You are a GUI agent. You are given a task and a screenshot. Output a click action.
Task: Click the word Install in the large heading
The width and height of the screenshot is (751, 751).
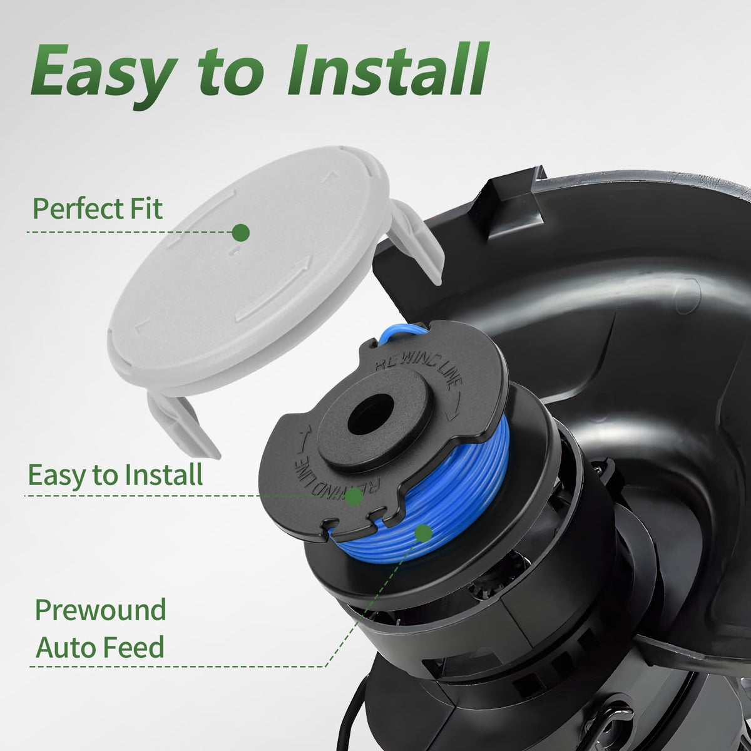point(387,69)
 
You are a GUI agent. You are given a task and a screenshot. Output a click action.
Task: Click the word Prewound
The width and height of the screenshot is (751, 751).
point(101,610)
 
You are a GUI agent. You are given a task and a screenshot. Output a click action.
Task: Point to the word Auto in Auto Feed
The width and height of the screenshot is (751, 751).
point(64,647)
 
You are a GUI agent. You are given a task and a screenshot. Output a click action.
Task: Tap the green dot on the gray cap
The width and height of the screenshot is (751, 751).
point(241,233)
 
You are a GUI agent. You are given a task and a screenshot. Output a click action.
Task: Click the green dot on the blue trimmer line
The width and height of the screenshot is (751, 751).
point(423,533)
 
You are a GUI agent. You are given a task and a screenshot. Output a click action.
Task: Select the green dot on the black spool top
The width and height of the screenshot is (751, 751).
point(354,497)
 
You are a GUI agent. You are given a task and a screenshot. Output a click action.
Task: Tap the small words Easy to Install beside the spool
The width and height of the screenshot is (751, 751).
point(115,475)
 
